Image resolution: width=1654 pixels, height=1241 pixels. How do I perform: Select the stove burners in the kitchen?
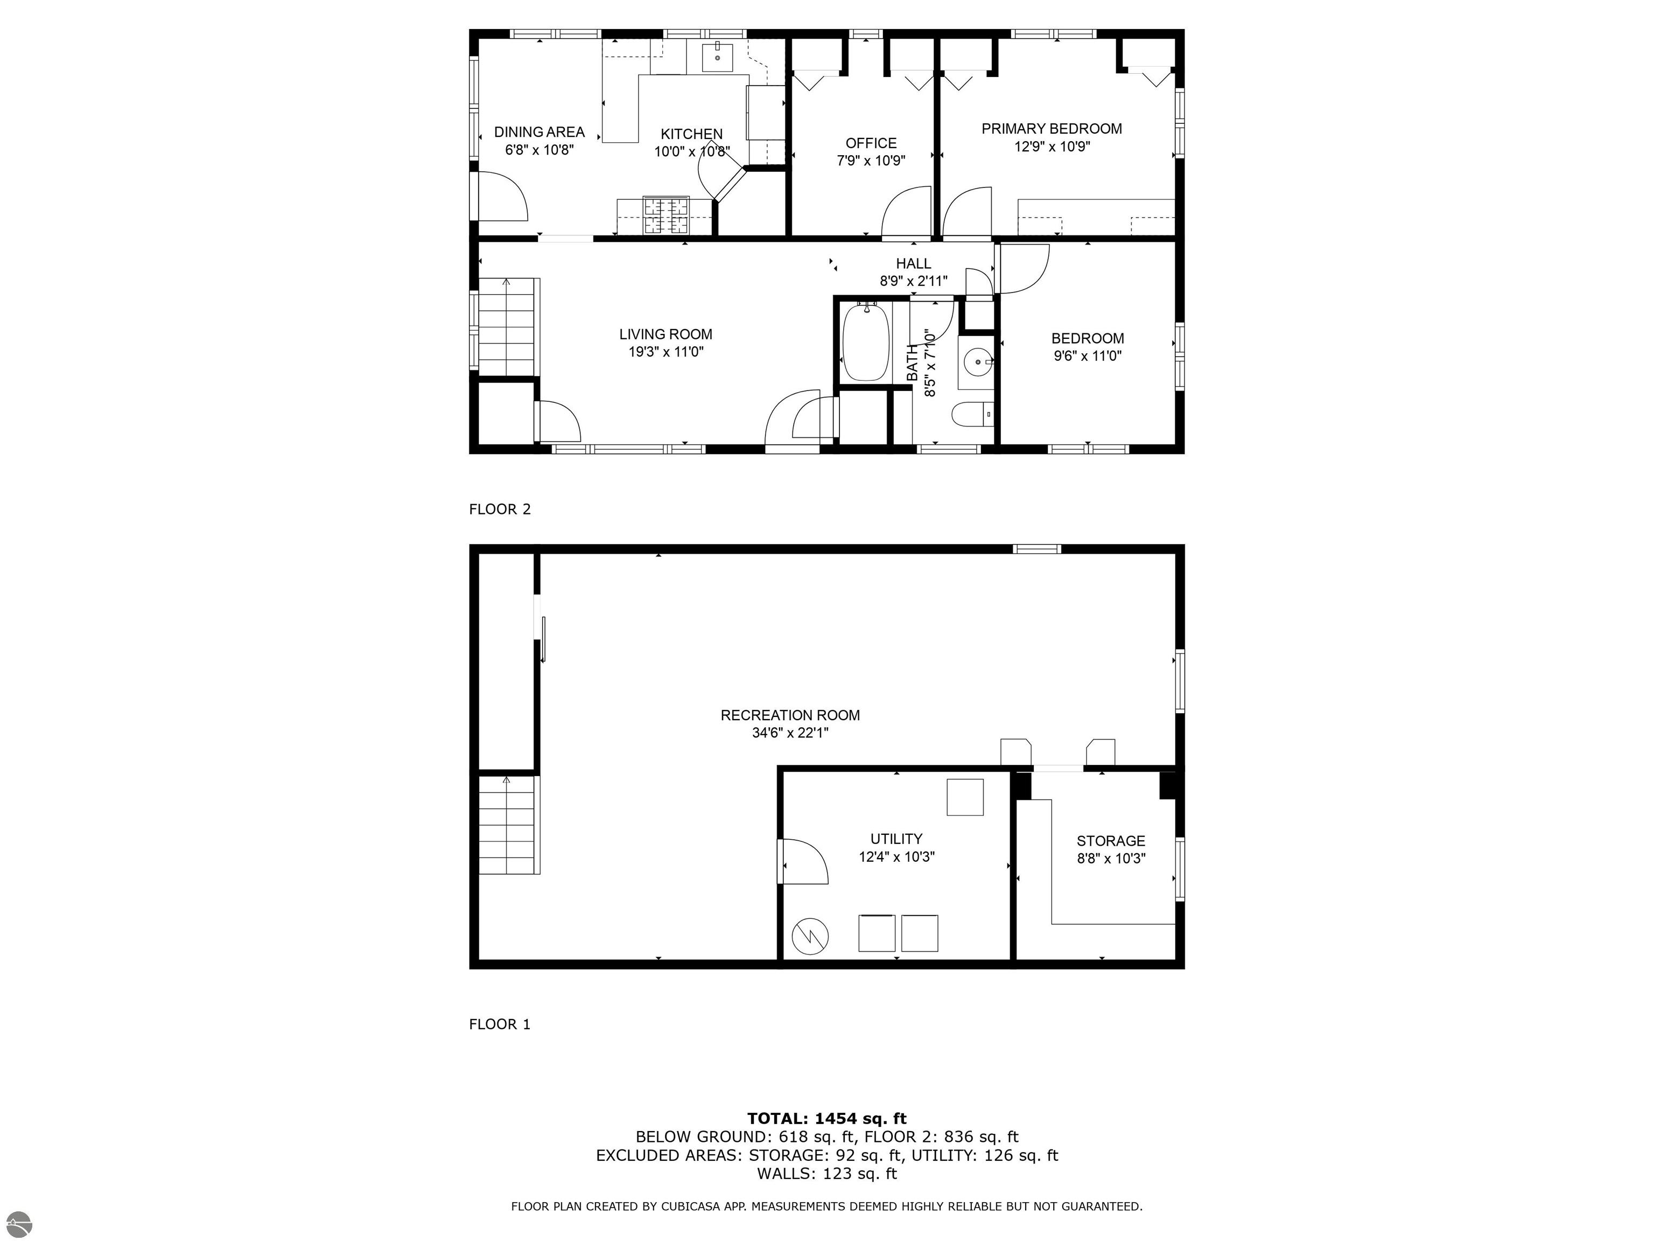pyautogui.click(x=666, y=215)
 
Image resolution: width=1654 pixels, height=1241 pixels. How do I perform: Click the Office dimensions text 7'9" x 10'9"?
pyautogui.click(x=871, y=160)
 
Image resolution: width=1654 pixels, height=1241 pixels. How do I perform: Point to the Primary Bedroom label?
pyautogui.click(x=1052, y=129)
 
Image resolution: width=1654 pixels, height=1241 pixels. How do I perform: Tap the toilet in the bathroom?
pyautogui.click(x=971, y=414)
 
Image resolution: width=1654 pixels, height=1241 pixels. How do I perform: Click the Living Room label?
pyautogui.click(x=665, y=334)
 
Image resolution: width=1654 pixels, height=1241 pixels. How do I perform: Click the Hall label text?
pyautogui.click(x=913, y=263)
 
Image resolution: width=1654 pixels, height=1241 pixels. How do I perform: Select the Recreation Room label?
pyautogui.click(x=790, y=715)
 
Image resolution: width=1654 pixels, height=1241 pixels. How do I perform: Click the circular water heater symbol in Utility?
pyautogui.click(x=810, y=935)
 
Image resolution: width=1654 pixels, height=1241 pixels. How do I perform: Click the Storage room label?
pyautogui.click(x=1110, y=841)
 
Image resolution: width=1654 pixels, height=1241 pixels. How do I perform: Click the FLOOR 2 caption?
pyautogui.click(x=500, y=510)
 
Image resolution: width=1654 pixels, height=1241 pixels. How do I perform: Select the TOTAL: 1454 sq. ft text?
pyautogui.click(x=826, y=1118)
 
